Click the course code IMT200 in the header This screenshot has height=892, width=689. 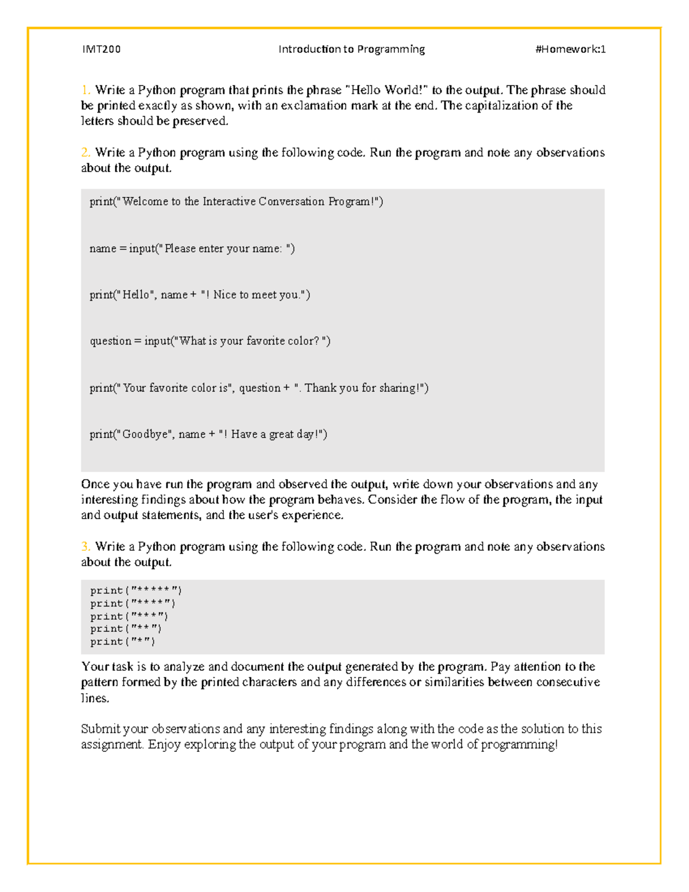101,49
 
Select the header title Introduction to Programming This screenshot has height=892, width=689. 351,49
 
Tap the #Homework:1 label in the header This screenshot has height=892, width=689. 570,49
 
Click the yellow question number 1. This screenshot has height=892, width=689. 86,90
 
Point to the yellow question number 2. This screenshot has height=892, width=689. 86,153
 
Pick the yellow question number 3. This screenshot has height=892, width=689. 86,547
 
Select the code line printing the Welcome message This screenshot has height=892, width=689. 236,202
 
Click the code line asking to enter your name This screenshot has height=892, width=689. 192,249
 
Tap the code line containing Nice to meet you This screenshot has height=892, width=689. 199,295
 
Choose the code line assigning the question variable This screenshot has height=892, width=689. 210,341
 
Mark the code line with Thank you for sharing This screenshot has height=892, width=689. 258,388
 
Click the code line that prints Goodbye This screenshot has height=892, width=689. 208,435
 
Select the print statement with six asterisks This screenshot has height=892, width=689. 136,590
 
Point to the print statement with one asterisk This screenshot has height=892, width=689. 122,642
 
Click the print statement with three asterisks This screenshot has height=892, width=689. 129,616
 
